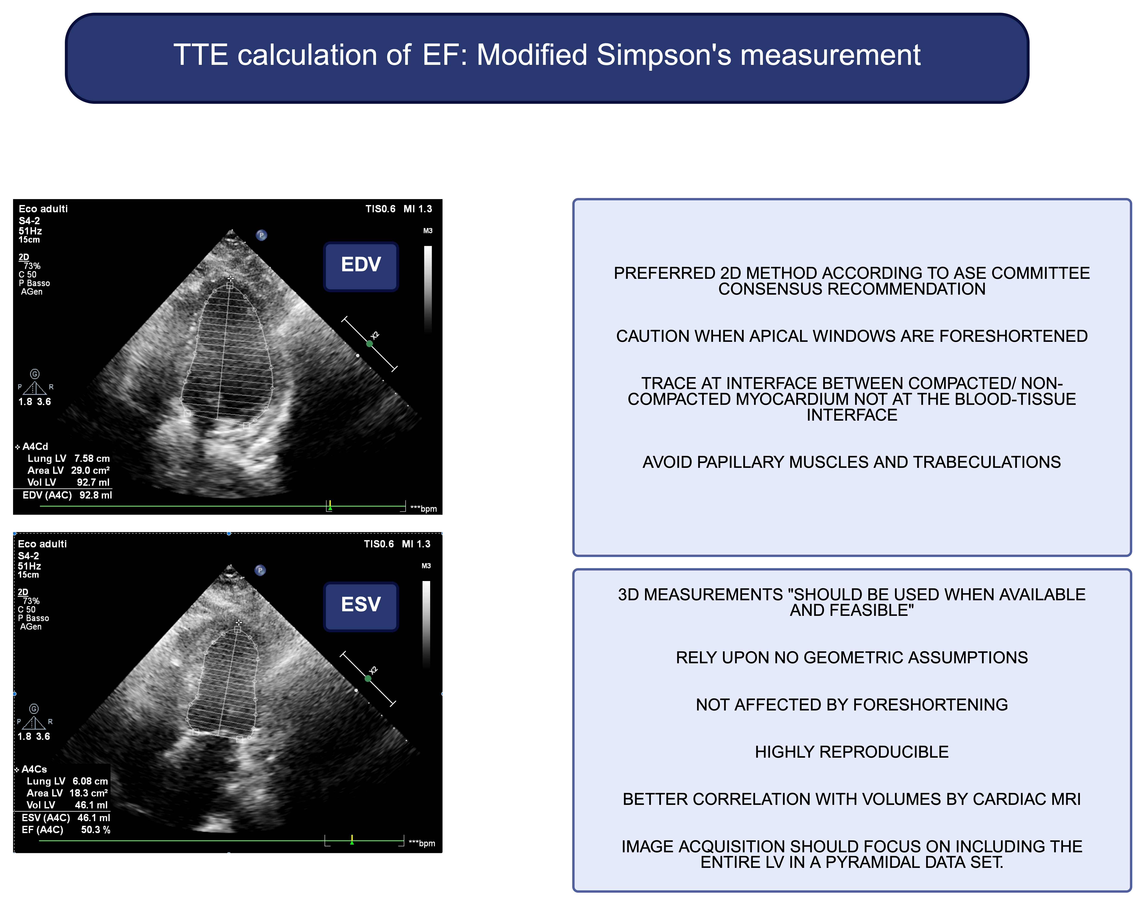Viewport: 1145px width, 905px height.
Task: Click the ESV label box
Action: (x=361, y=606)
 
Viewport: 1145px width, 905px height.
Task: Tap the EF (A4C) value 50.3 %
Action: (x=95, y=830)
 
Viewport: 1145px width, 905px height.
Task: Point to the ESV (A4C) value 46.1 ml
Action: (x=94, y=817)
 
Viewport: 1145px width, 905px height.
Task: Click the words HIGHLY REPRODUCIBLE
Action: (x=852, y=752)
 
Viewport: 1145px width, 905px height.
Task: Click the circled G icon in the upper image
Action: (x=35, y=374)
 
